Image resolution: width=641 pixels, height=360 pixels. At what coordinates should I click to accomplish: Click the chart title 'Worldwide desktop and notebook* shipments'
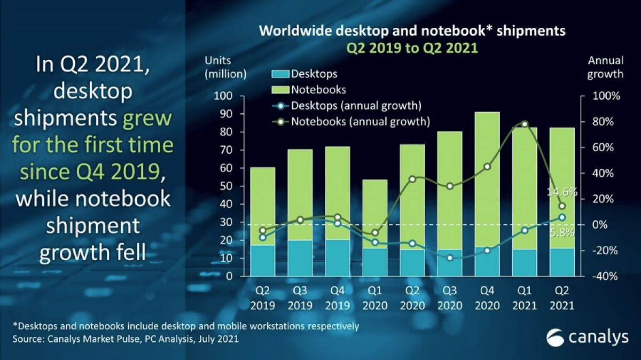(x=412, y=31)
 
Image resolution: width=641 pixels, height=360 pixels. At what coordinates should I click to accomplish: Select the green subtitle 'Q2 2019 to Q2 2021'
(x=412, y=48)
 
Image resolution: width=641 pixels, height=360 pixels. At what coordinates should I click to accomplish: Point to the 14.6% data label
(x=561, y=192)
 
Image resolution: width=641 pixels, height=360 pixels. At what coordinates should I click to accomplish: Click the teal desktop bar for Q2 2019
(x=262, y=261)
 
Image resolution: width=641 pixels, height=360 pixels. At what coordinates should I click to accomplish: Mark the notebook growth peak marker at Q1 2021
(x=525, y=124)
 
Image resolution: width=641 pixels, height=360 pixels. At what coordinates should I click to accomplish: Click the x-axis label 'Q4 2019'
(x=337, y=299)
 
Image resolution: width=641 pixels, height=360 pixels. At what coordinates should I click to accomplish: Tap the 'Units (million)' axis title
(x=225, y=67)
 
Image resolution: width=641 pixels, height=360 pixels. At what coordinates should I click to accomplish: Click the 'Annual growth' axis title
(x=605, y=67)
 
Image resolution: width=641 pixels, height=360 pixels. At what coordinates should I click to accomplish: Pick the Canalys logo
(x=585, y=338)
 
